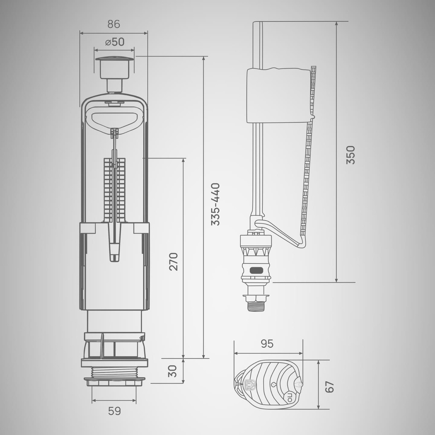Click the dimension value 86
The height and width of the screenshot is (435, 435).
pos(113,24)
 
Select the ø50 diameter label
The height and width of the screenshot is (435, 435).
pos(115,42)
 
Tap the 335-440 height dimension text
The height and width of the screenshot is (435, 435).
pos(215,204)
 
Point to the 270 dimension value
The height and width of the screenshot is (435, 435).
pos(174,262)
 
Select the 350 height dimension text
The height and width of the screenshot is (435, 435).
pos(351,155)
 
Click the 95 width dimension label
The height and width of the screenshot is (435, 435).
pos(267,344)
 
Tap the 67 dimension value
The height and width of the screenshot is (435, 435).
pos(330,387)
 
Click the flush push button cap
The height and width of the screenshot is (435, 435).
pos(115,59)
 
